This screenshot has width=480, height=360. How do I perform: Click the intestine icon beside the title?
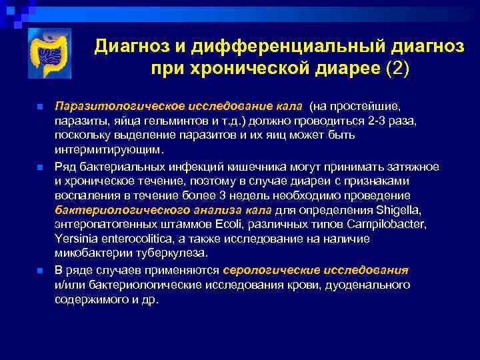(x=49, y=53)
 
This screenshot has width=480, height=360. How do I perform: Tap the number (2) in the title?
(x=398, y=69)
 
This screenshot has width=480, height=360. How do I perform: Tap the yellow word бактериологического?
(x=108, y=210)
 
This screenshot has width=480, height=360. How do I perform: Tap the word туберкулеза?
(x=175, y=253)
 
